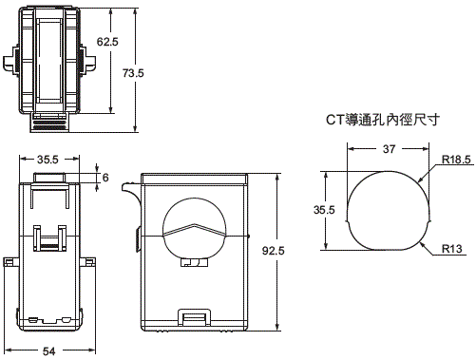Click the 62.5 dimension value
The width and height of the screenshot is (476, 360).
tap(107, 42)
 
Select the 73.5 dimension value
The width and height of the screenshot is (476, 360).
tap(133, 73)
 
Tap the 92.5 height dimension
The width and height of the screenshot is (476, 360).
tap(274, 251)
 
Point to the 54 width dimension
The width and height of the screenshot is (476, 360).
tap(49, 351)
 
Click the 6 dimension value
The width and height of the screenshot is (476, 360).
tap(105, 178)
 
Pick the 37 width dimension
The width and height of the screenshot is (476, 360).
tap(389, 148)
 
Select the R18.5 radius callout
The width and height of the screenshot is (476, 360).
tap(456, 160)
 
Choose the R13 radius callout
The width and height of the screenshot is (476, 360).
tap(452, 249)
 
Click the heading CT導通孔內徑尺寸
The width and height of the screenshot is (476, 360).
tap(383, 120)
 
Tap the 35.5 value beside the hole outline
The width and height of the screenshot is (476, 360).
tap(324, 210)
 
